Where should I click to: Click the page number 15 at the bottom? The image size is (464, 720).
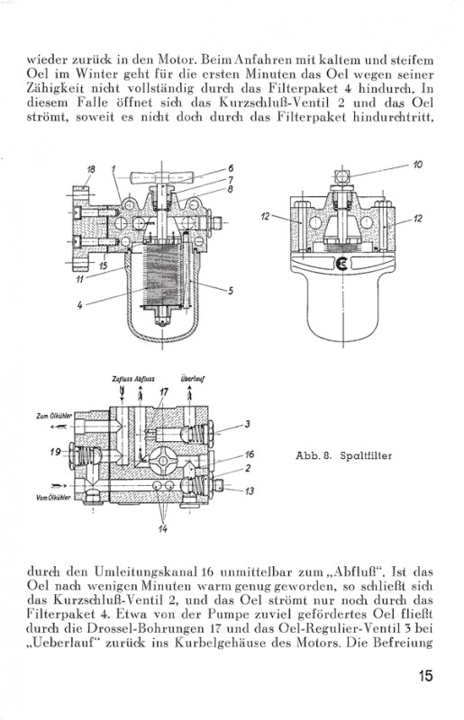pyautogui.click(x=425, y=676)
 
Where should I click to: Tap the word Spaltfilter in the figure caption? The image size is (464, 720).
pyautogui.click(x=366, y=456)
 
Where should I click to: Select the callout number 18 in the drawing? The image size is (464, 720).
pyautogui.click(x=91, y=169)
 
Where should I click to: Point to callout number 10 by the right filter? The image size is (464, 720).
pyautogui.click(x=417, y=165)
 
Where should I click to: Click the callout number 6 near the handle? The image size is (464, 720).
pyautogui.click(x=231, y=168)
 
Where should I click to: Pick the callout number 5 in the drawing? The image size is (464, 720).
pyautogui.click(x=231, y=291)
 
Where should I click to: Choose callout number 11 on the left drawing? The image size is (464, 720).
pyautogui.click(x=79, y=279)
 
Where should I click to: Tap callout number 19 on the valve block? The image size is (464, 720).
pyautogui.click(x=55, y=452)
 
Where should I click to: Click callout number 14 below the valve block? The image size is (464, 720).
pyautogui.click(x=162, y=528)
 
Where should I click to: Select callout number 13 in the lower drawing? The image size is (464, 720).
pyautogui.click(x=249, y=491)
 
